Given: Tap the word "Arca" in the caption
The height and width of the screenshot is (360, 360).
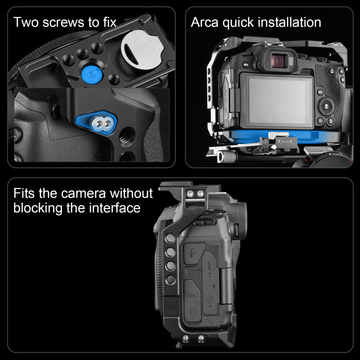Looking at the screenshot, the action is pos(204,22).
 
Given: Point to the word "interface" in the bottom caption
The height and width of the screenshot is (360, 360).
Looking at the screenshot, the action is pos(114,208).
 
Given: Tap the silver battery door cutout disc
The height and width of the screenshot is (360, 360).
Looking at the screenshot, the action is pos(142,50).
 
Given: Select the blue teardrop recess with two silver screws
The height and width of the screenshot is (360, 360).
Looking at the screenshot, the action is pos(97,124).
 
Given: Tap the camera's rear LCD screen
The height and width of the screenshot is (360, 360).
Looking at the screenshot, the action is pos(277,101).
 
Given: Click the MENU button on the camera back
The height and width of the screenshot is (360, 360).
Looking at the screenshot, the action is pos(246,65).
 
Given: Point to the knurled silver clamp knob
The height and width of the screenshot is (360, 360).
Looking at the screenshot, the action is pos(227,157).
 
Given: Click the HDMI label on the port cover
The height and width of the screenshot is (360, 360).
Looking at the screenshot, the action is pos(210,270).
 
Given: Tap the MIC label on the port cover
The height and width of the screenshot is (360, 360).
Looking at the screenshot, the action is pos(193,296).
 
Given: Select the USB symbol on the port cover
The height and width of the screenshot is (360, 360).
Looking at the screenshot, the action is pos(210,301).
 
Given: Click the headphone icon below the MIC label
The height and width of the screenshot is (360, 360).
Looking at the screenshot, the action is pos(193,312).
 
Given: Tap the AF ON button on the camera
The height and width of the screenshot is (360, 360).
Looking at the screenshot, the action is pos(331,71).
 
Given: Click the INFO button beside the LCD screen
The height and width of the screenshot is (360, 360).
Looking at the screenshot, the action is pos(320,92).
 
